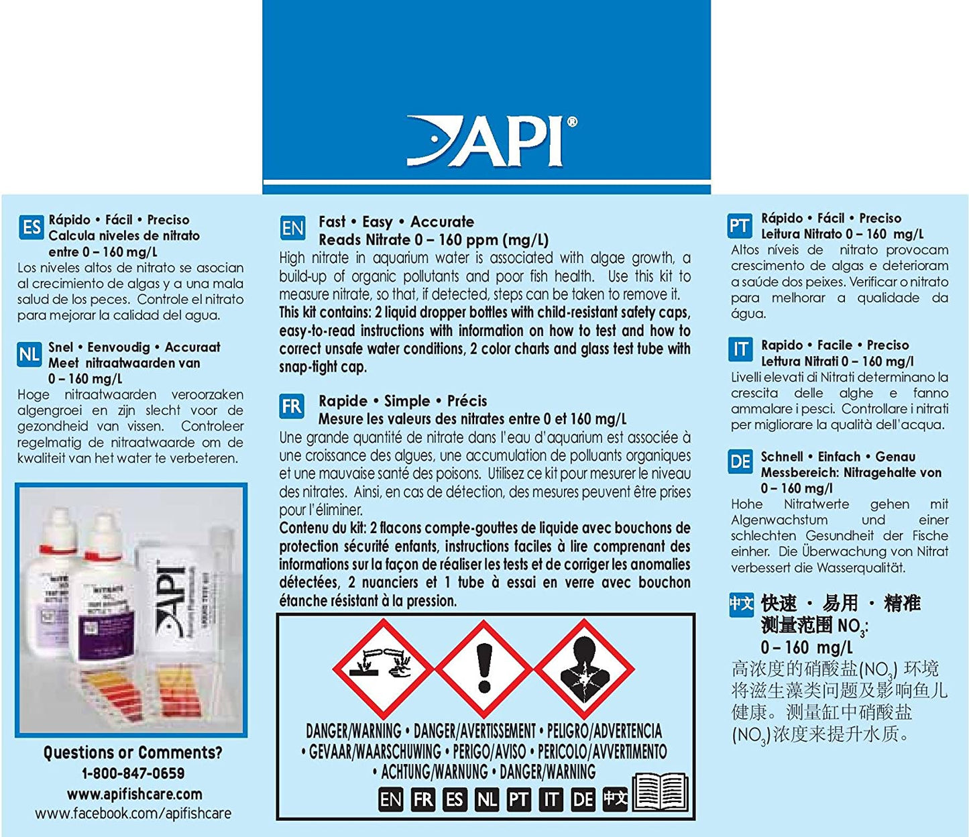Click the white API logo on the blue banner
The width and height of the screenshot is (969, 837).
click(x=492, y=141)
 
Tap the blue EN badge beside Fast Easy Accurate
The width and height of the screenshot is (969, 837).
click(x=292, y=229)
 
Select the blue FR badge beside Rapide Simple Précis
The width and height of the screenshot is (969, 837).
click(x=292, y=406)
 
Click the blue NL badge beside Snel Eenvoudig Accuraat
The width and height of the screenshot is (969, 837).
click(x=30, y=354)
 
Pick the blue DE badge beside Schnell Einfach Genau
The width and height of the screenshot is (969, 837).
click(x=740, y=462)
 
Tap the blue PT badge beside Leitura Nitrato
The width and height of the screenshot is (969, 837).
click(x=740, y=226)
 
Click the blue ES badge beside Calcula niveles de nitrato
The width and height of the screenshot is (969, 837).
click(x=31, y=227)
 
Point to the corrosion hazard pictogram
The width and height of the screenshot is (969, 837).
click(x=384, y=667)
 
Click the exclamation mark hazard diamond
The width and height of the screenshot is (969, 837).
click(x=483, y=667)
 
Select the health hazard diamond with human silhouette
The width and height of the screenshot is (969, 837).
click(x=583, y=667)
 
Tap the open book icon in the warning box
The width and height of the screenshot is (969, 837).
click(x=660, y=793)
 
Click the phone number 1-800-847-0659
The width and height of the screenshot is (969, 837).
click(x=133, y=773)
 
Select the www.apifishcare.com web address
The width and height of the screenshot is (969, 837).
click(x=134, y=794)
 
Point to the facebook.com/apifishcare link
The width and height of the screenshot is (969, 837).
click(x=133, y=814)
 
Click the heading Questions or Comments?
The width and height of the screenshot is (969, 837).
click(x=133, y=752)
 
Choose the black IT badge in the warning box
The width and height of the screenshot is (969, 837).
click(x=551, y=799)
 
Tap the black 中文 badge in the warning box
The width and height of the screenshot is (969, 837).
click(x=615, y=798)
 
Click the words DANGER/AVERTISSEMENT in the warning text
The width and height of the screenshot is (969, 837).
click(x=475, y=731)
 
